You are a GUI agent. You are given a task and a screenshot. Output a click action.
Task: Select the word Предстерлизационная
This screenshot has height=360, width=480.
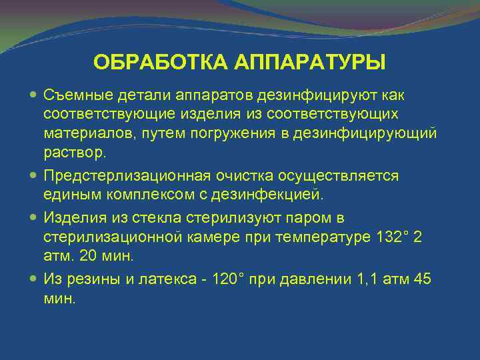point(127,175)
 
